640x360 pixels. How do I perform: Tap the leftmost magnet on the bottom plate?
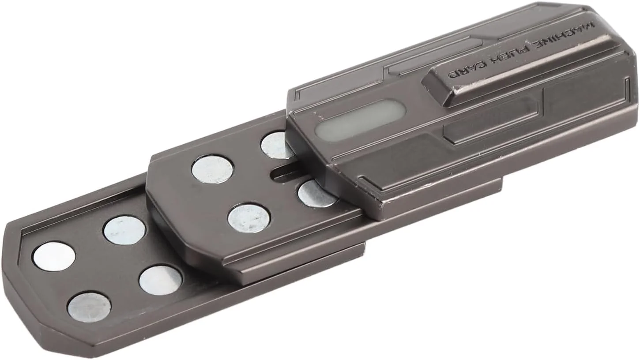(54, 257)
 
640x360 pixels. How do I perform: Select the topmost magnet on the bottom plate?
(124, 230)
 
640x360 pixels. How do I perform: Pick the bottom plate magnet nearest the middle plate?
(161, 280)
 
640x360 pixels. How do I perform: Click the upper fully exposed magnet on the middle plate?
(212, 169)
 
